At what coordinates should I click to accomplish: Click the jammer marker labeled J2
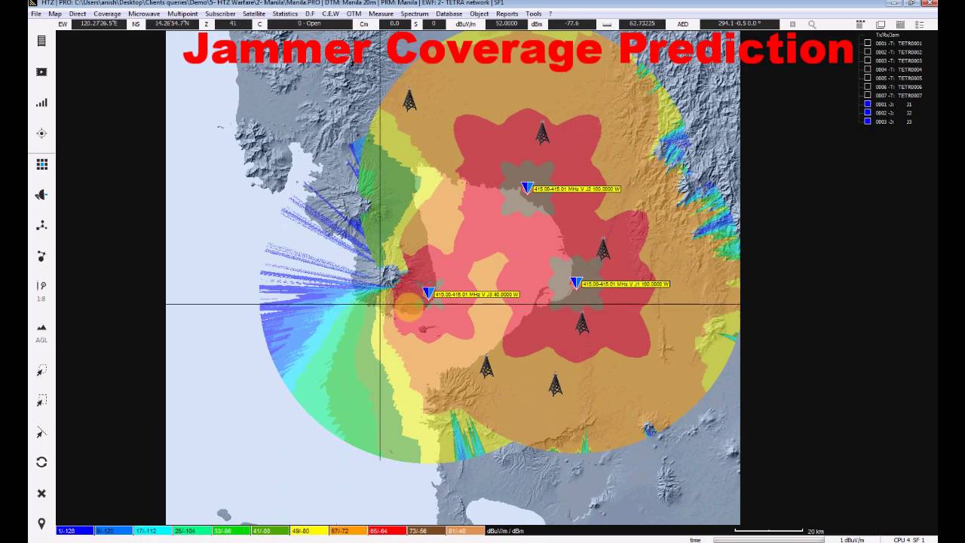527,187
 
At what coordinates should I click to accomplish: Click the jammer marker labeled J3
428,293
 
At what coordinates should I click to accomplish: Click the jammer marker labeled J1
576,283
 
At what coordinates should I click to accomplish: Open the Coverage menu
107,14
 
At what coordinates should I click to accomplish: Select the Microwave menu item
144,14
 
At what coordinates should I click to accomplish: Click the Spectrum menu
415,14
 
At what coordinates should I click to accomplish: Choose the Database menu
449,14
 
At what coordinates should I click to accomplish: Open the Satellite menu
254,14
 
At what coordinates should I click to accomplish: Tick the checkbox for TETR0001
868,43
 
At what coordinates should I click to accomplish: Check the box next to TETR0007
868,95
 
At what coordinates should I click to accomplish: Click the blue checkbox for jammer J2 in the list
868,112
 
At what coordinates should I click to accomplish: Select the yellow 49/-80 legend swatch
310,531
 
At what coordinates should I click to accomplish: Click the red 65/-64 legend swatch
388,531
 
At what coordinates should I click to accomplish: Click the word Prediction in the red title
736,50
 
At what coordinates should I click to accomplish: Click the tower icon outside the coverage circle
409,100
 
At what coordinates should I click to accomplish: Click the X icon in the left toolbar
41,493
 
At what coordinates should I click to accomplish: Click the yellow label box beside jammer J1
626,284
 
